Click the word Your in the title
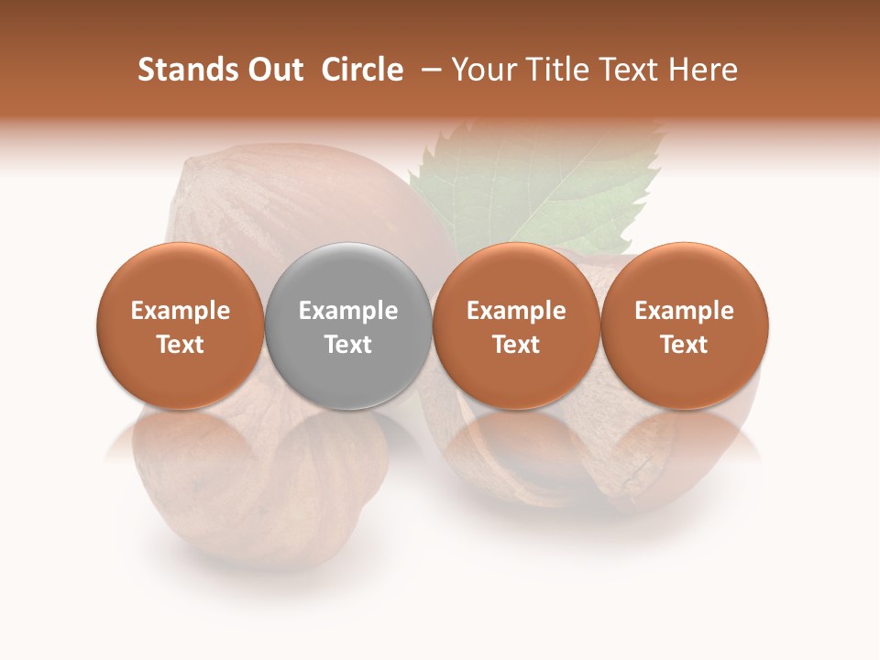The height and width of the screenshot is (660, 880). tap(485, 70)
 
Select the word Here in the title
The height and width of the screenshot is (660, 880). tap(704, 70)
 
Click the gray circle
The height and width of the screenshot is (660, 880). tap(348, 325)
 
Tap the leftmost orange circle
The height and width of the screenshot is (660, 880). tap(181, 325)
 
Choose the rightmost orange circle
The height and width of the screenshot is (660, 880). tap(685, 325)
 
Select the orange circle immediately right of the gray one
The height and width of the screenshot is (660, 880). tap(516, 325)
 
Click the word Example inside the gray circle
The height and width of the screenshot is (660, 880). tap(348, 311)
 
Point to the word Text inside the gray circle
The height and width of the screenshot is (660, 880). tap(348, 345)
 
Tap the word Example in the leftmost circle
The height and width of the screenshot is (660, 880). tap(181, 311)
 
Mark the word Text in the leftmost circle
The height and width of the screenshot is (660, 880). tap(181, 345)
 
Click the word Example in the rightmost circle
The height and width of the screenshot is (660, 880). tap(685, 311)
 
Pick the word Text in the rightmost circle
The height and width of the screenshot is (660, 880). tap(685, 345)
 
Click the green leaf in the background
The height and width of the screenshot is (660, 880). tap(541, 183)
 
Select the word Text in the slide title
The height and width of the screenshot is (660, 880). tap(634, 70)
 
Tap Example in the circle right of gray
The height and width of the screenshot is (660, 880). tap(516, 311)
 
